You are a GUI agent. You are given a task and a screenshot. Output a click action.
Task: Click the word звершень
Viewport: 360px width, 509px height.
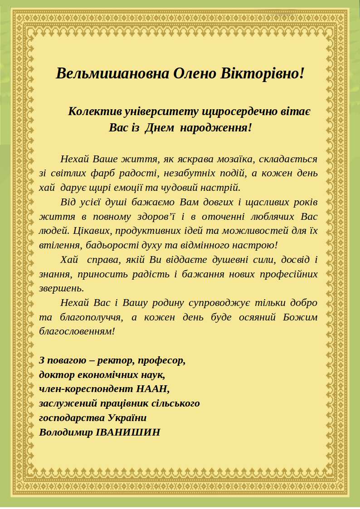pyautogui.click(x=61, y=288)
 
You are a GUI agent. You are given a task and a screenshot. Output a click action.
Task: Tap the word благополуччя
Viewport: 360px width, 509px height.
pyautogui.click(x=90, y=317)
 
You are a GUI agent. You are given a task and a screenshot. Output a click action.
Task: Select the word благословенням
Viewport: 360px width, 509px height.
pyautogui.click(x=76, y=331)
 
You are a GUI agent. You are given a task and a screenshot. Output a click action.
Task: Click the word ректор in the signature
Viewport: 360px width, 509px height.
pyautogui.click(x=116, y=361)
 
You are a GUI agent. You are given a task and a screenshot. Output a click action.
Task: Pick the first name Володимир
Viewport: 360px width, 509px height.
pyautogui.click(x=66, y=432)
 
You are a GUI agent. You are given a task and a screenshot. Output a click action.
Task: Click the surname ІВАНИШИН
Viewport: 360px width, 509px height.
pyautogui.click(x=128, y=432)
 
